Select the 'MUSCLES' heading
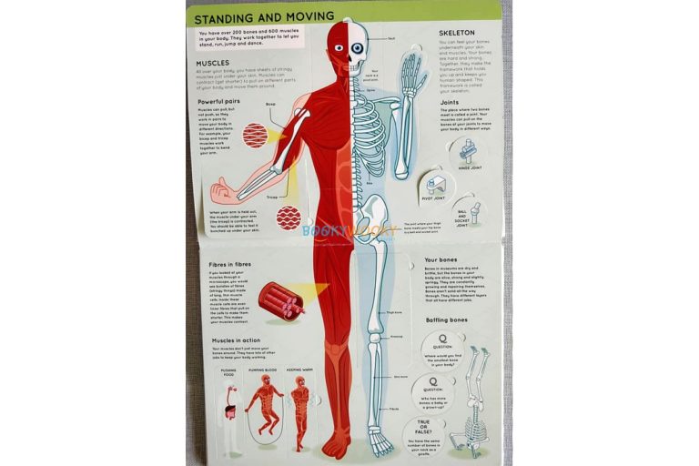(213, 63)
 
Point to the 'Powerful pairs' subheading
(224, 101)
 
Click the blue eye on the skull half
(357, 48)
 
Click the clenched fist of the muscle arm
(220, 192)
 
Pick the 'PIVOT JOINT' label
(432, 198)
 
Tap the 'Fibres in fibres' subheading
(229, 264)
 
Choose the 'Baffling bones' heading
(448, 320)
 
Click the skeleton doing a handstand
(474, 400)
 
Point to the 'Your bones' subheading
(441, 260)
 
